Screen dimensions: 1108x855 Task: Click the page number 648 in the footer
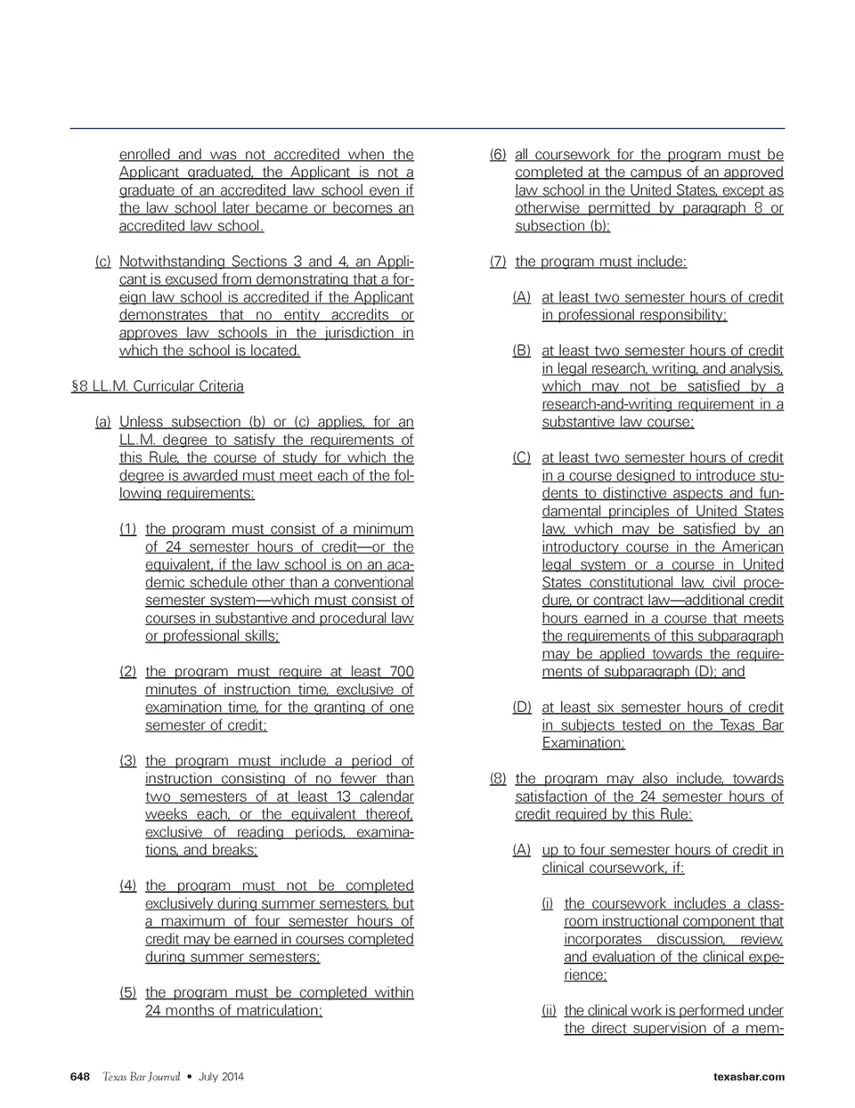click(x=80, y=1077)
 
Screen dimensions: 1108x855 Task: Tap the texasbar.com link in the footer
click(x=749, y=1077)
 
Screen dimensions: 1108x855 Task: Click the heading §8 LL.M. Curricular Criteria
click(x=157, y=386)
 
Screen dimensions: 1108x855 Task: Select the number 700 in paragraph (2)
click(x=402, y=671)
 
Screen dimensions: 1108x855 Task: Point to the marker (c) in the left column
click(x=102, y=262)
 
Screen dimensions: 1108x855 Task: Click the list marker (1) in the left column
click(x=128, y=529)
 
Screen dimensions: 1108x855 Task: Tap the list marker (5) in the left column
click(x=128, y=992)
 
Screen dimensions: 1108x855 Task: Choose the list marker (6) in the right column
click(x=498, y=155)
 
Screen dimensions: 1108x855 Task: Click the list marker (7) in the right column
click(x=498, y=262)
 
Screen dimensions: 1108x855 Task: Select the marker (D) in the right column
click(x=522, y=708)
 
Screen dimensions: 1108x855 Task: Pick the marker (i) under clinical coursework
click(x=547, y=903)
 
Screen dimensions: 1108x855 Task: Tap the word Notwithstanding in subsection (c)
click(x=172, y=262)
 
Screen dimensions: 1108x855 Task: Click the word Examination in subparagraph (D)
click(x=582, y=743)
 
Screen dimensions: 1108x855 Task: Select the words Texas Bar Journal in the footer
click(x=141, y=1077)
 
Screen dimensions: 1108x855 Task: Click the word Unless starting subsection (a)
click(x=141, y=422)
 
